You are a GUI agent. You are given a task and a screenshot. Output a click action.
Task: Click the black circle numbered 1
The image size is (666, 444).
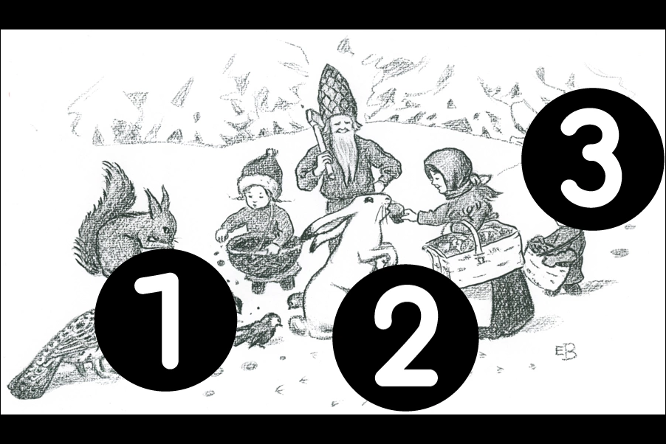point(165,319)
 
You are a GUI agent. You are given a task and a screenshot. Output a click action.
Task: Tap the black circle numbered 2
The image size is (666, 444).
point(405,338)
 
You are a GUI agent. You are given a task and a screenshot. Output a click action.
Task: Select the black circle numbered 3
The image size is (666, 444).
point(593,159)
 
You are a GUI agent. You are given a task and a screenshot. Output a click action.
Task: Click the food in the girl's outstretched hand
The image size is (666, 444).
point(396,212)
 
